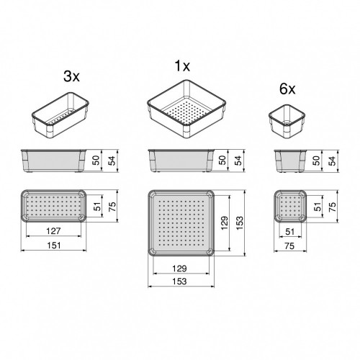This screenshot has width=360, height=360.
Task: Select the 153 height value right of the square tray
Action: (x=239, y=223)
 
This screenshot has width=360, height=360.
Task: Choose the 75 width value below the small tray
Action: (x=290, y=247)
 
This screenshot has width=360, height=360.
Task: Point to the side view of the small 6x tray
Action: (x=289, y=160)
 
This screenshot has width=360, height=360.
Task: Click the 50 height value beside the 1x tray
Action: (x=222, y=160)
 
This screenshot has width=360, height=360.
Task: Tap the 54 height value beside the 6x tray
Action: (x=332, y=160)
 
